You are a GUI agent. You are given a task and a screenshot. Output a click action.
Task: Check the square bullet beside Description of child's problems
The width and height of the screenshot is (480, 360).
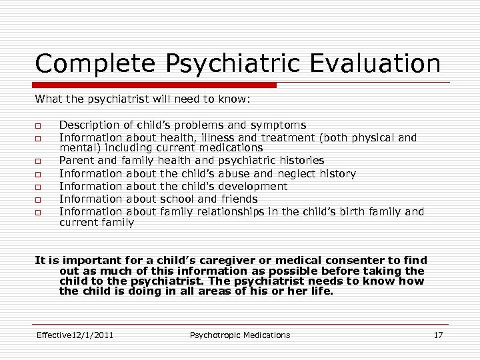[39, 126]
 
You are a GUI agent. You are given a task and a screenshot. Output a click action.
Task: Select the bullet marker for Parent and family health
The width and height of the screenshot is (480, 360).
[39, 162]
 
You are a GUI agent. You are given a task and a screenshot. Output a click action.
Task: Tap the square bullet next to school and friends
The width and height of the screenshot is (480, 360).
[39, 199]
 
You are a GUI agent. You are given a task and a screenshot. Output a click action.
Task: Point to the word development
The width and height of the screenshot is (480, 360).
[254, 186]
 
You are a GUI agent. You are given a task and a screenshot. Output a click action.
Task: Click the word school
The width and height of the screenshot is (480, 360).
[177, 199]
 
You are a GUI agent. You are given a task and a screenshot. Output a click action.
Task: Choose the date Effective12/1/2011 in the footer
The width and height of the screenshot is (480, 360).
[75, 335]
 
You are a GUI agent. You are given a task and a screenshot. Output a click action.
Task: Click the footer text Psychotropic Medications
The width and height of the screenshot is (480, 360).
[240, 335]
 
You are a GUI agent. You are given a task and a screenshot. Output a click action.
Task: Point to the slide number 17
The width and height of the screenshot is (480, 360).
[438, 335]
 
